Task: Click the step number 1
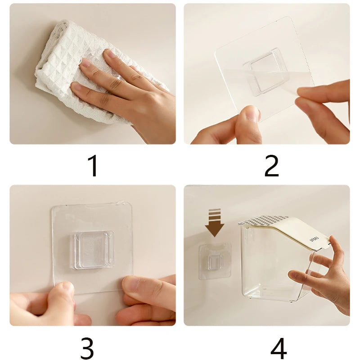click(x=93, y=165)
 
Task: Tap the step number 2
click(x=271, y=165)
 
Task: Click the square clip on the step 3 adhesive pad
click(x=94, y=249)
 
